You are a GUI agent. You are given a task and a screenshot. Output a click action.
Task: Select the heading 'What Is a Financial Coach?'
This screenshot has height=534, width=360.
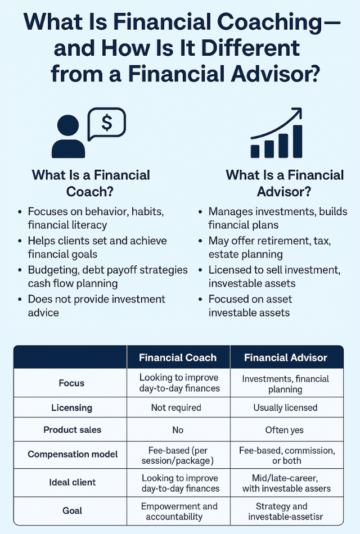(x=91, y=183)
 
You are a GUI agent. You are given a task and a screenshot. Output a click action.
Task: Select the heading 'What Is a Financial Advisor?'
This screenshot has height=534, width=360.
(x=285, y=183)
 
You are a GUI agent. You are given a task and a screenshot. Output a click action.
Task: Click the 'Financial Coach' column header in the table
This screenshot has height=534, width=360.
(x=178, y=357)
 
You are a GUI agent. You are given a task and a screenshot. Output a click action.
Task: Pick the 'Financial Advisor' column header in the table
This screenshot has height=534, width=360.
(x=286, y=357)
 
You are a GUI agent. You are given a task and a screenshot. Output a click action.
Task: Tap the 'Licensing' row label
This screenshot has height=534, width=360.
(x=71, y=408)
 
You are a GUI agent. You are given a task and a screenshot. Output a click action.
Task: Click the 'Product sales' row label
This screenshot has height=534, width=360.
(x=71, y=430)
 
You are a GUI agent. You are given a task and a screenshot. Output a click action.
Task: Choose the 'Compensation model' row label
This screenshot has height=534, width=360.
(x=71, y=454)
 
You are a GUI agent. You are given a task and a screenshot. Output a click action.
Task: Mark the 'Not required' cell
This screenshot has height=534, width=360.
(x=178, y=408)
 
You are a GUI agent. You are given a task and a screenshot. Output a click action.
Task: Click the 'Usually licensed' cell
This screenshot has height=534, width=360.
(x=285, y=408)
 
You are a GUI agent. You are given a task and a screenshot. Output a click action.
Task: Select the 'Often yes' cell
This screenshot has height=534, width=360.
(x=285, y=430)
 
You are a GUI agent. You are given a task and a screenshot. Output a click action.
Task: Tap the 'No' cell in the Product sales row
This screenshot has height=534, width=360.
(x=178, y=430)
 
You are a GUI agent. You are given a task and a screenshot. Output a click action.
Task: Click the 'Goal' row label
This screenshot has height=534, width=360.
(x=71, y=511)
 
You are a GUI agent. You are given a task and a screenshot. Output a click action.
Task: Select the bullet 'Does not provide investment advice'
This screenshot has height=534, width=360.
(x=96, y=305)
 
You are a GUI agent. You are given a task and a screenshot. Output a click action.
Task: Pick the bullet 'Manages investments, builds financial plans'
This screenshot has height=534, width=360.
(x=277, y=218)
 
